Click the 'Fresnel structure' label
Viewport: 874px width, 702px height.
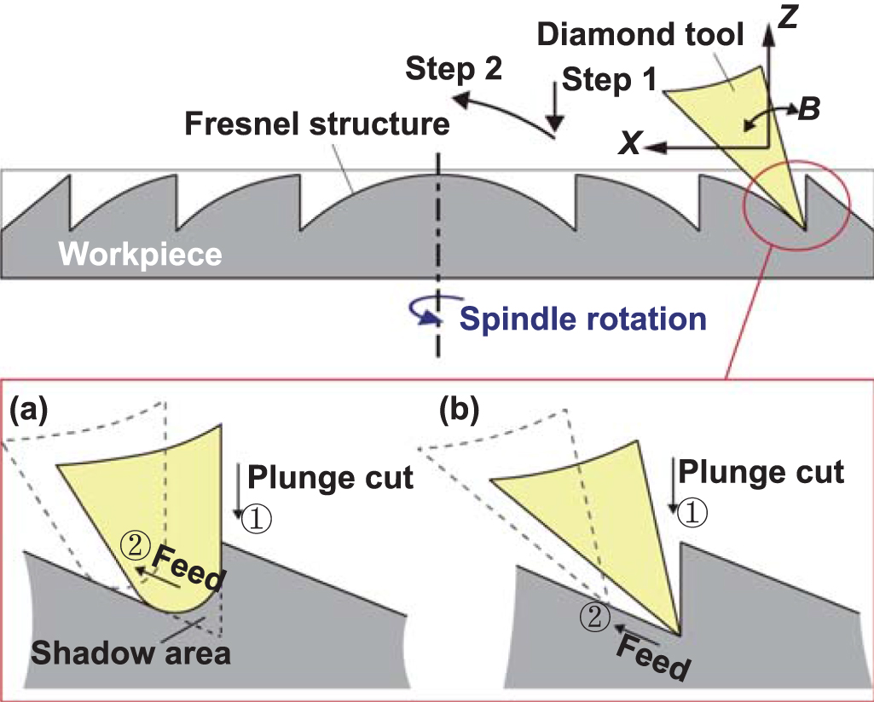tap(318, 124)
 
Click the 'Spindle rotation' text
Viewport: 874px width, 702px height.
tap(583, 319)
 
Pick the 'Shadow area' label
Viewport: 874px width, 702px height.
tap(130, 653)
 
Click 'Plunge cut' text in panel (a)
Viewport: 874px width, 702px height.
tap(330, 478)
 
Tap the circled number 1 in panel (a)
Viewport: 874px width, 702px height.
tap(256, 518)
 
